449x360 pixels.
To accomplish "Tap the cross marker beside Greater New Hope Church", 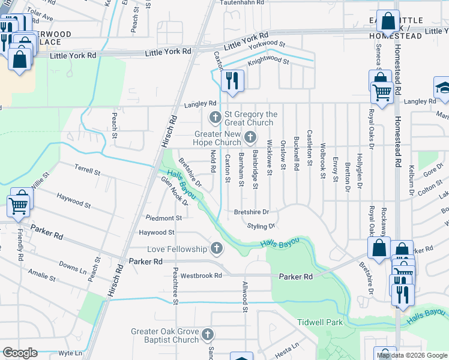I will (x=250, y=139).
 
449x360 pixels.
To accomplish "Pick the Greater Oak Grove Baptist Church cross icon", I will (x=208, y=334).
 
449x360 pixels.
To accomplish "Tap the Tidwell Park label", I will (x=320, y=322).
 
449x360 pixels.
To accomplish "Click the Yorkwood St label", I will (x=267, y=44).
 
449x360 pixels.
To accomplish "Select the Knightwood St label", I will (x=269, y=61).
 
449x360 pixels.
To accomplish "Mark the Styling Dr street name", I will (x=261, y=226).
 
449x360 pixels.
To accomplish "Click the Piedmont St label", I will (x=163, y=218).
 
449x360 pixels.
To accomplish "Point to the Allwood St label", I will (x=245, y=297).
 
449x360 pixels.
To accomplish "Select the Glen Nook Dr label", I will (x=174, y=192).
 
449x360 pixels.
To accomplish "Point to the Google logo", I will (x=20, y=353).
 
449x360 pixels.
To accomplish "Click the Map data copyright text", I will (x=411, y=355).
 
